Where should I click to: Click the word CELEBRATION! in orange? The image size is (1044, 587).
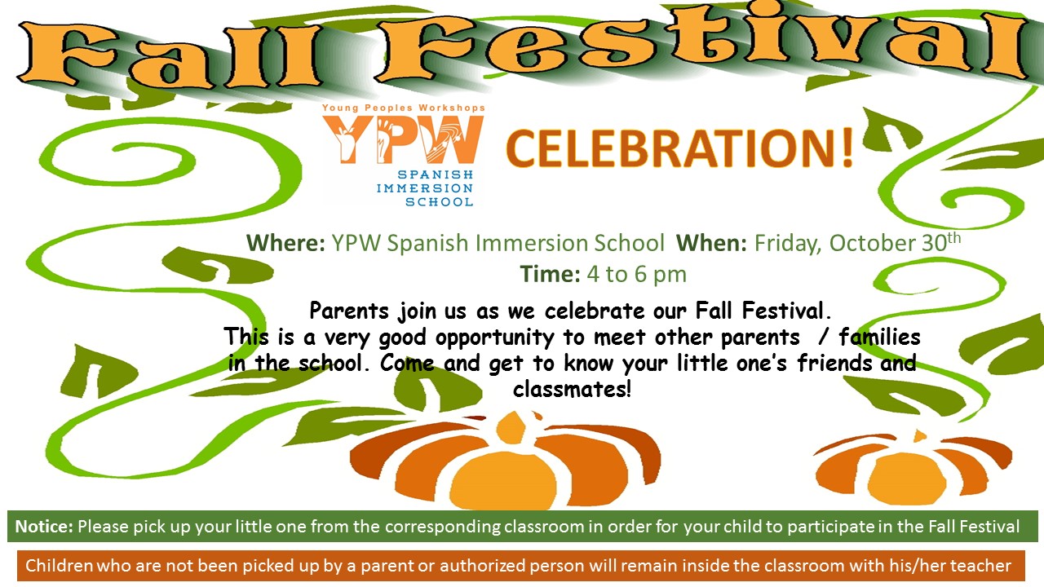tap(679, 148)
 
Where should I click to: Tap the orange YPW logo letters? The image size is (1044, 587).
tap(403, 139)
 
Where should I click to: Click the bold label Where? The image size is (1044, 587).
tap(285, 243)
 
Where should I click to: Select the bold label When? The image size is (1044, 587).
tap(712, 243)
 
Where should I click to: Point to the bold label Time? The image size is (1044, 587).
tap(550, 273)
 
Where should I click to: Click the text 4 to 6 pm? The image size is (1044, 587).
tap(637, 275)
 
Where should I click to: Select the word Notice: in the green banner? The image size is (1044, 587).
tap(44, 527)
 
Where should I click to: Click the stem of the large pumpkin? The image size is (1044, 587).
tap(511, 426)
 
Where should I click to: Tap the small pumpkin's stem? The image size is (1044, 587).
tap(919, 436)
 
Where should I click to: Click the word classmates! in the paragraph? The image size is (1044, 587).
tap(573, 389)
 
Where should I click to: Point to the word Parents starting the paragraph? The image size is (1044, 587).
tap(349, 311)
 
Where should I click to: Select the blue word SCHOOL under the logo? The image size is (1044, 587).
tap(440, 201)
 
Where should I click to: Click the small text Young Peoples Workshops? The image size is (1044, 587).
tap(404, 108)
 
